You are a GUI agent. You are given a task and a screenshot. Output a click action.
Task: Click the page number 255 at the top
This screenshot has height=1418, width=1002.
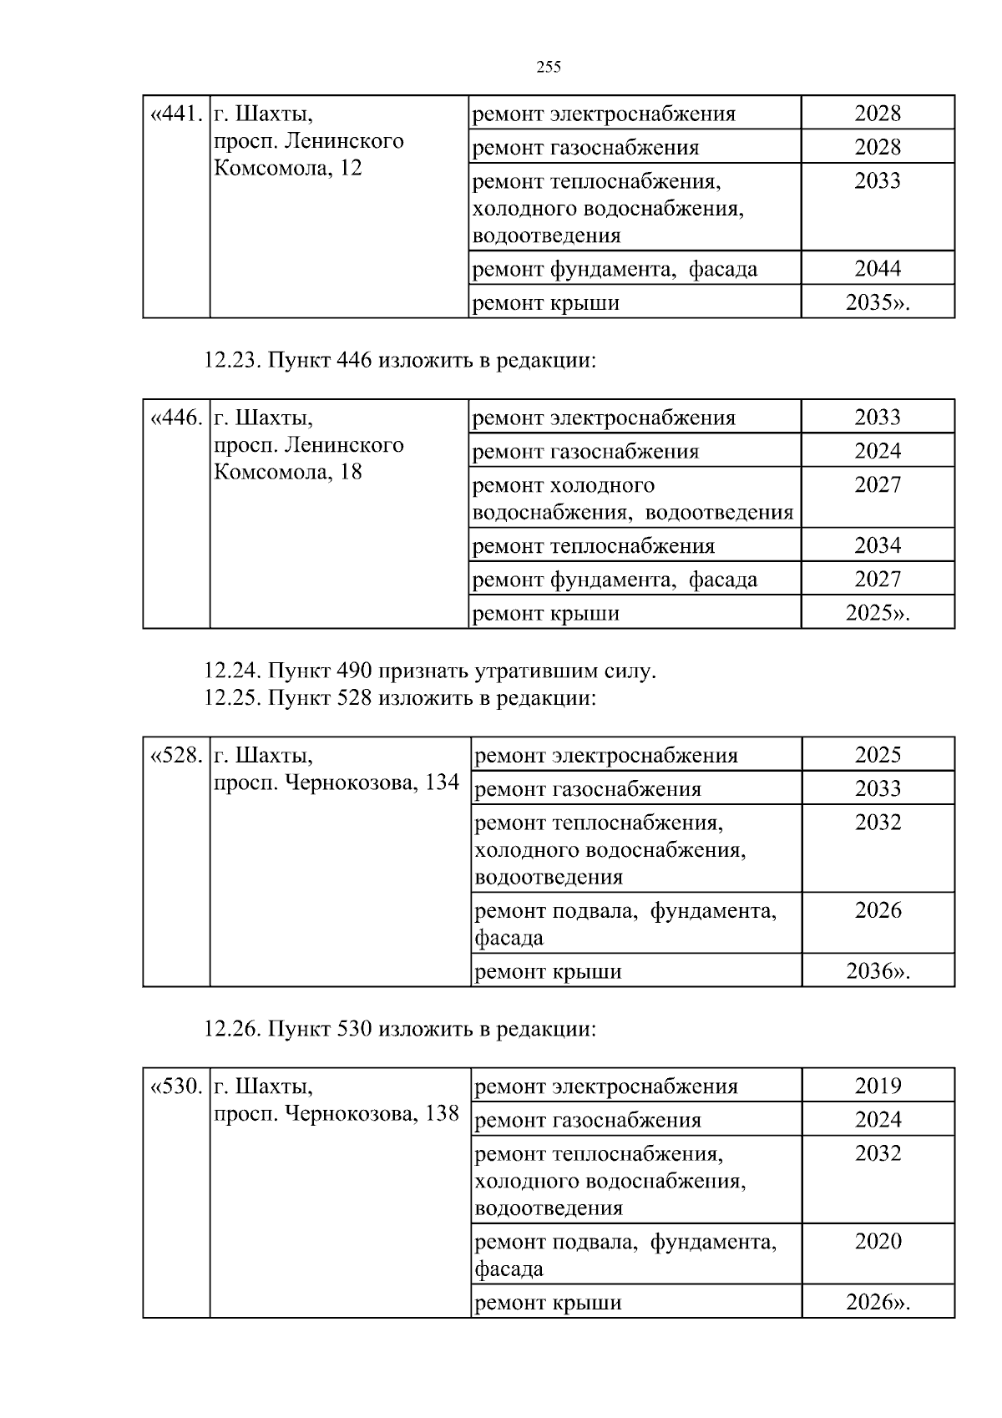pyautogui.click(x=549, y=68)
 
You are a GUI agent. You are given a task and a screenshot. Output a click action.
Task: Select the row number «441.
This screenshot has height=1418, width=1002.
pyautogui.click(x=176, y=114)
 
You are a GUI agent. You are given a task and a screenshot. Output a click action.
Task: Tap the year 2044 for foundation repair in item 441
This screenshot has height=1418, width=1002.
pyautogui.click(x=878, y=268)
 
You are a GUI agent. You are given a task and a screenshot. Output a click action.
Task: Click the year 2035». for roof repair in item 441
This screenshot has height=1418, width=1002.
pyautogui.click(x=878, y=302)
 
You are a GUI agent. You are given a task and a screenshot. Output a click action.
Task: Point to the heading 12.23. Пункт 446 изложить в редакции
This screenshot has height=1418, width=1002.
pyautogui.click(x=400, y=361)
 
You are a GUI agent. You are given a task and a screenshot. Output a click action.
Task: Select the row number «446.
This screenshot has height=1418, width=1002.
pyautogui.click(x=176, y=418)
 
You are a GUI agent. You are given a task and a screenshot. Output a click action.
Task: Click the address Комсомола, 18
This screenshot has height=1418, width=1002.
pyautogui.click(x=288, y=472)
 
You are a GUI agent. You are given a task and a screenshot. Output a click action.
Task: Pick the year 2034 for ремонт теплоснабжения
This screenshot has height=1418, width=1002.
pyautogui.click(x=878, y=545)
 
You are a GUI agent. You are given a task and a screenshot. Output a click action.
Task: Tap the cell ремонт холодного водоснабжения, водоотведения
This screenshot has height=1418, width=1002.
pyautogui.click(x=633, y=499)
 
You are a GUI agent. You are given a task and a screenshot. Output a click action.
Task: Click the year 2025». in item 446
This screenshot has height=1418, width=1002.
pyautogui.click(x=878, y=613)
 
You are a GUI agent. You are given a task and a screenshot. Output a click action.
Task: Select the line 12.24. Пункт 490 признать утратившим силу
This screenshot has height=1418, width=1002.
pyautogui.click(x=430, y=671)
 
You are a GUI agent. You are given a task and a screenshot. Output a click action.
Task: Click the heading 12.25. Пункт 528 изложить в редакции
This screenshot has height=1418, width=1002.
pyautogui.click(x=400, y=697)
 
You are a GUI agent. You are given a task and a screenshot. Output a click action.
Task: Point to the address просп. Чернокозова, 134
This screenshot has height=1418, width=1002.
pyautogui.click(x=337, y=782)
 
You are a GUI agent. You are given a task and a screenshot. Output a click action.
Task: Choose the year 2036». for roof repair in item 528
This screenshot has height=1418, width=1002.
pyautogui.click(x=878, y=971)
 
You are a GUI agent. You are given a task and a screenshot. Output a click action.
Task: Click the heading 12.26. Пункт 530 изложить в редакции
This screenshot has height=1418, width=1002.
pyautogui.click(x=400, y=1029)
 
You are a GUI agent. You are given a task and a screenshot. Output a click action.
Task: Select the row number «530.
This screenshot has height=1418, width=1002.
pyautogui.click(x=176, y=1086)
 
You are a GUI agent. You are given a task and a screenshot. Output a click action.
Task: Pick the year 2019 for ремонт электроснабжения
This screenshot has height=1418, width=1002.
pyautogui.click(x=878, y=1086)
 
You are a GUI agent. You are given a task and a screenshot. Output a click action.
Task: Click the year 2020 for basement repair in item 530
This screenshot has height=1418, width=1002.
pyautogui.click(x=878, y=1241)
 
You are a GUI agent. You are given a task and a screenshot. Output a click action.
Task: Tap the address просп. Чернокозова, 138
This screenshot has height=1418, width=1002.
pyautogui.click(x=337, y=1113)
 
